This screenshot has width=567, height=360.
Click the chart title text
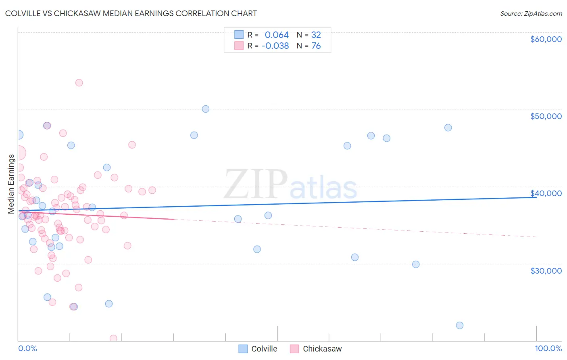click(131, 13)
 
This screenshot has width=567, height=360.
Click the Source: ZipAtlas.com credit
click(531, 14)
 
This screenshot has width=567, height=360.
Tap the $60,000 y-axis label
click(546, 39)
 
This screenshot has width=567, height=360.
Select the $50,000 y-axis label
click(546, 116)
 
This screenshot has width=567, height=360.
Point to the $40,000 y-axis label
click(546, 193)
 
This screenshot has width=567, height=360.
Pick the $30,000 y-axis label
click(546, 270)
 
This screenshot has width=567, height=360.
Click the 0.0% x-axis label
click(27, 348)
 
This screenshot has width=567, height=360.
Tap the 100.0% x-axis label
click(548, 348)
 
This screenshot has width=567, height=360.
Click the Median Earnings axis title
click(11, 184)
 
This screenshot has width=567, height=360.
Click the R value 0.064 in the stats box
click(277, 35)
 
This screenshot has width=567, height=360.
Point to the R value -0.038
click(275, 46)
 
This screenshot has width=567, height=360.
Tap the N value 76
click(316, 46)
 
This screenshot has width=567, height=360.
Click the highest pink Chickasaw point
click(79, 83)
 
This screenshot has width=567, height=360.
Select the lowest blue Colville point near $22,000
click(460, 325)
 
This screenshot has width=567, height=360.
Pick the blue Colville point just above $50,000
click(206, 109)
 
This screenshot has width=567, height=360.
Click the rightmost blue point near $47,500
click(448, 128)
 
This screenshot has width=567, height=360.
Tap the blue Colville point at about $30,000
click(416, 264)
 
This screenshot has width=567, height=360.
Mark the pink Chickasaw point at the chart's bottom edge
click(113, 338)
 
